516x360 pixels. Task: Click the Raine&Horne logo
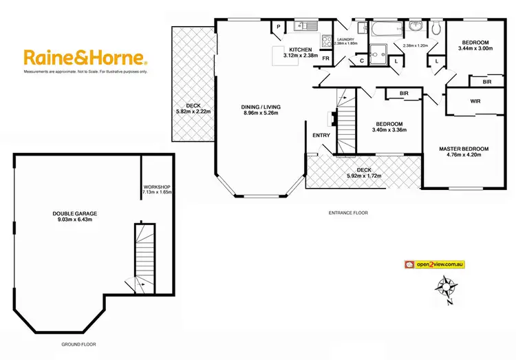click(84, 57)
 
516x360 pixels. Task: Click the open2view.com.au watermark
click(436, 264)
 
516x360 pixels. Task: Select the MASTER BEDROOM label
click(464, 149)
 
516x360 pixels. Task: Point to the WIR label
click(475, 101)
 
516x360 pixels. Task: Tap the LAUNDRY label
click(345, 40)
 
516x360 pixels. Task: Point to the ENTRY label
click(321, 135)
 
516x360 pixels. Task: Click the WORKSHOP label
click(156, 187)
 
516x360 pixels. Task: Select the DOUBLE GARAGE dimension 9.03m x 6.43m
click(73, 220)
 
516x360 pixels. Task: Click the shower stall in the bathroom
click(378, 52)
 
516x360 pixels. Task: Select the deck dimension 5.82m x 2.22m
click(193, 112)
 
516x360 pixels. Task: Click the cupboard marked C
click(362, 61)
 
